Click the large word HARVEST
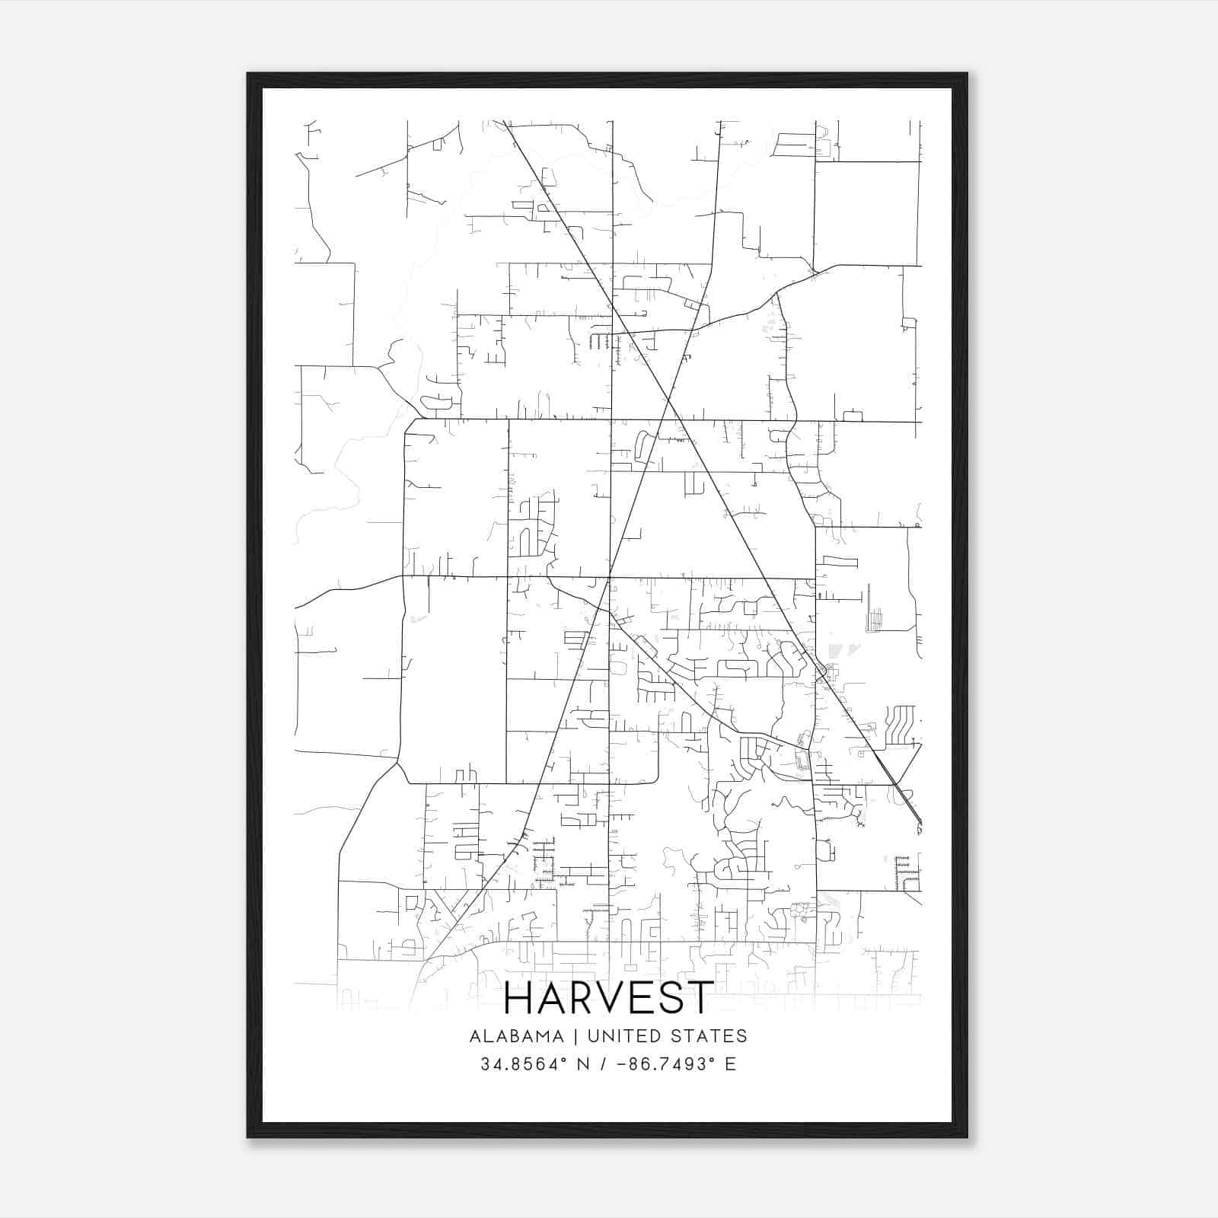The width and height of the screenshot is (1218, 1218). click(x=609, y=998)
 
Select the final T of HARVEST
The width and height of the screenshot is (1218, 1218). click(x=700, y=998)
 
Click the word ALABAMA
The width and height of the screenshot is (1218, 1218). click(x=517, y=1036)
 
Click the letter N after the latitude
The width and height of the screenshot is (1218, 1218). click(x=584, y=1064)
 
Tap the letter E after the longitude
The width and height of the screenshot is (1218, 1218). click(x=731, y=1064)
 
